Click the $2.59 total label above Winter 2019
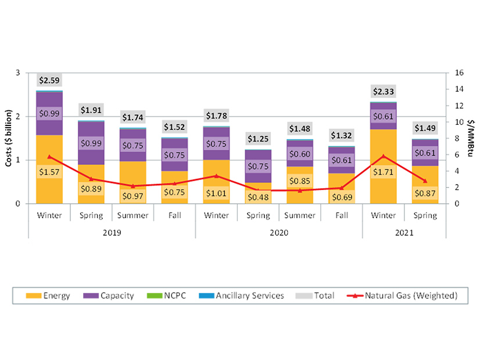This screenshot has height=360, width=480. click(49, 80)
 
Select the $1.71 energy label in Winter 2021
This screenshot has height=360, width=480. click(384, 172)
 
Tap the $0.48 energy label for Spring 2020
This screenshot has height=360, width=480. click(258, 197)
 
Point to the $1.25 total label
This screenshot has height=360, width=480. click(258, 139)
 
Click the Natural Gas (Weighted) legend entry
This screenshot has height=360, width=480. click(405, 296)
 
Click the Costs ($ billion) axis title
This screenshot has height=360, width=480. click(9, 138)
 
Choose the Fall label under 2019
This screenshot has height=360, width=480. click(174, 215)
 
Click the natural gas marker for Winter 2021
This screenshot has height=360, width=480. click(383, 156)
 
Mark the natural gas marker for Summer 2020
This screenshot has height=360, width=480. click(300, 190)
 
